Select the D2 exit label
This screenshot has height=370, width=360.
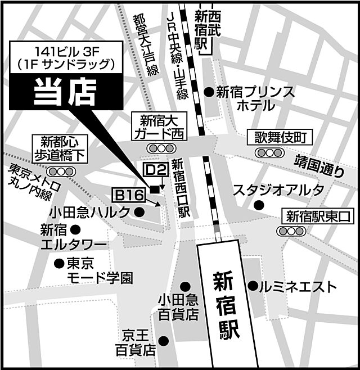(155, 169)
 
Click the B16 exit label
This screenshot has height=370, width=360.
(129, 195)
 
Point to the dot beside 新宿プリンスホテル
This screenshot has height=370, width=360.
(209, 92)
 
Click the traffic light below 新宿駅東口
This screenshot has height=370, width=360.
(289, 231)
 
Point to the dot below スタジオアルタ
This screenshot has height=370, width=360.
(259, 205)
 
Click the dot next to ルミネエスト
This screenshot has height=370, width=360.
(253, 286)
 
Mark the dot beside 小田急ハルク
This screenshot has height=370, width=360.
(140, 211)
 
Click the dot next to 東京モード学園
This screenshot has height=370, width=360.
(58, 263)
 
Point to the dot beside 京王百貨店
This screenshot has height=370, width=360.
(164, 340)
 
